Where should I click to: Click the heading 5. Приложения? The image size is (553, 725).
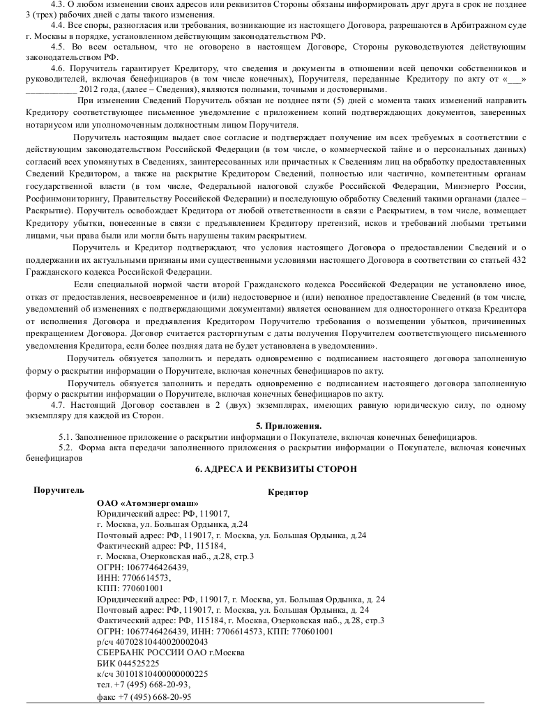coord(289,426)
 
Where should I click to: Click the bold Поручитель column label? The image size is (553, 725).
coord(59,490)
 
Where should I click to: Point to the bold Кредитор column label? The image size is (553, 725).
coord(287,492)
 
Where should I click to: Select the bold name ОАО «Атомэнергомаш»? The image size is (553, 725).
coord(148,503)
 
